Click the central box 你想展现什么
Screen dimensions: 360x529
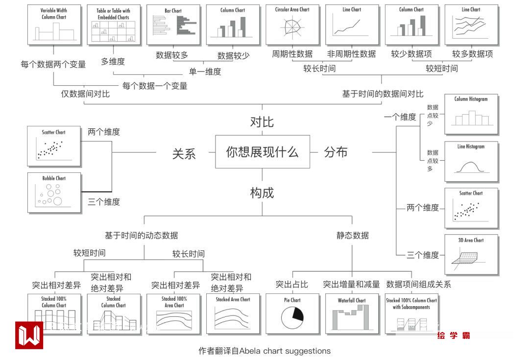263,152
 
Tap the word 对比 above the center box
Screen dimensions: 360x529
262,122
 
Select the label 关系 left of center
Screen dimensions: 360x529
184,153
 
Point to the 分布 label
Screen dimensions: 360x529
336,152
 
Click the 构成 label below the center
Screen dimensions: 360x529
262,193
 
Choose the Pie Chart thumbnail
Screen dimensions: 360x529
292,314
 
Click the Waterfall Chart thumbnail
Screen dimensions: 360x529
352,314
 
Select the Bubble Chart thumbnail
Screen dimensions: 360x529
54,192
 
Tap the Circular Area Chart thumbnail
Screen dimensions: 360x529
292,24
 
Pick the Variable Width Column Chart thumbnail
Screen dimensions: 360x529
54,24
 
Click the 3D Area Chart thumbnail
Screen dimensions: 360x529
471,254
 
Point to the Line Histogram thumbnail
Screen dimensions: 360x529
471,162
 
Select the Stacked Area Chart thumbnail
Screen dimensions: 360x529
233,314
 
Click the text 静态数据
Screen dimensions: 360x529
352,236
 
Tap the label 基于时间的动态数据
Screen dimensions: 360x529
142,236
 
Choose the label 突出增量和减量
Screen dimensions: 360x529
351,284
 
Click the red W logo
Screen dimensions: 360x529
29,335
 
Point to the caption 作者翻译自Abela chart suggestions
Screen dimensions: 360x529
264,351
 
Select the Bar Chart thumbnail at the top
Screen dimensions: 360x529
173,24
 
